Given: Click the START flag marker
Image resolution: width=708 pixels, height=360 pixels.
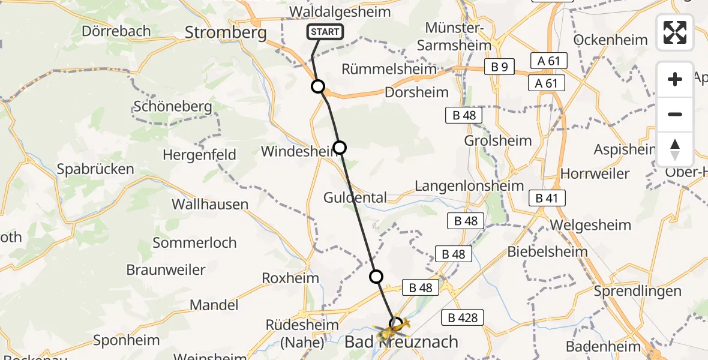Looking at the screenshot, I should point(325,32).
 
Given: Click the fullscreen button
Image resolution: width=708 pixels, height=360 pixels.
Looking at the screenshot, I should point(675,32).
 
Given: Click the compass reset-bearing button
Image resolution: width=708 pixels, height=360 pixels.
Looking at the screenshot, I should point(675,149).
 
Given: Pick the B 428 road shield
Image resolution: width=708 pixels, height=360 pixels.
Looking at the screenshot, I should point(463,317).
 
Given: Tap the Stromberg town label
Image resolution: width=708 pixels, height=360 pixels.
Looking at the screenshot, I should point(226,32).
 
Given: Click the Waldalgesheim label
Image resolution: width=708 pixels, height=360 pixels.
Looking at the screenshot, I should point(340,12).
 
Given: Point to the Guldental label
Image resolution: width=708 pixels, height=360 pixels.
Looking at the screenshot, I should point(355,197).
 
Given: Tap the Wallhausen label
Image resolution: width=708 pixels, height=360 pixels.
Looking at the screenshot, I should point(210,205).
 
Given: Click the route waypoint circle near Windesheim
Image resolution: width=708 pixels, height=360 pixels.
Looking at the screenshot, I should point(340,147).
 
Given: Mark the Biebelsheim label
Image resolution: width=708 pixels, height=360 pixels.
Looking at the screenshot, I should point(548,251).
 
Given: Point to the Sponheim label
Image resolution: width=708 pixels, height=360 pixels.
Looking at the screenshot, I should point(127,341).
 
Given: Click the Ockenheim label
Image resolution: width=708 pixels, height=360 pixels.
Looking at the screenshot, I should point(611,40).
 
